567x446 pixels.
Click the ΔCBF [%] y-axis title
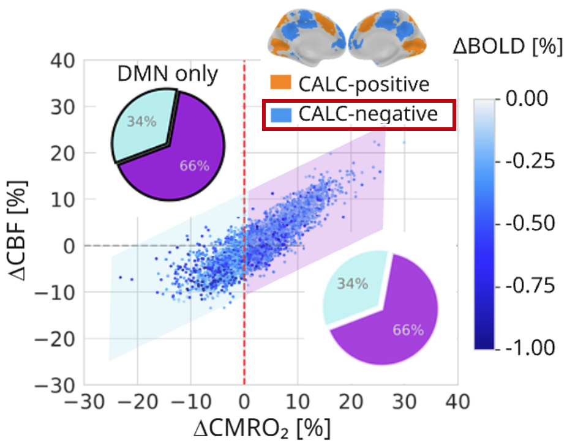pyautogui.click(x=17, y=231)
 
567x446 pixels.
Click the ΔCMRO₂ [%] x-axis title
pyautogui.click(x=262, y=429)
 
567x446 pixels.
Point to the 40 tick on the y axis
pyautogui.click(x=62, y=61)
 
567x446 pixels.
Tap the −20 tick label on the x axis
pyautogui.click(x=137, y=401)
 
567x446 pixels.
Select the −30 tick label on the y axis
pyautogui.click(x=54, y=385)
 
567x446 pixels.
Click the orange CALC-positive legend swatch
pyautogui.click(x=280, y=83)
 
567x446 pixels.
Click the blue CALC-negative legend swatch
pyautogui.click(x=280, y=115)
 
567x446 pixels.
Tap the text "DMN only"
pyautogui.click(x=168, y=75)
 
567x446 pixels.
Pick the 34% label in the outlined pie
pyautogui.click(x=142, y=121)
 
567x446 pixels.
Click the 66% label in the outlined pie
pyautogui.click(x=195, y=166)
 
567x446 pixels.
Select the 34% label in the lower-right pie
pyautogui.click(x=353, y=284)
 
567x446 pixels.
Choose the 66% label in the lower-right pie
pyautogui.click(x=408, y=330)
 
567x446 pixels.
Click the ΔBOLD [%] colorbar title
pyautogui.click(x=508, y=46)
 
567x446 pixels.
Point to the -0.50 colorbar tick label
pyautogui.click(x=530, y=223)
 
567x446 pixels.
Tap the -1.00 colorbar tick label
pyautogui.click(x=530, y=348)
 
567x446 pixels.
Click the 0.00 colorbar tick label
pyautogui.click(x=527, y=98)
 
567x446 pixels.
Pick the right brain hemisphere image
pyautogui.click(x=388, y=37)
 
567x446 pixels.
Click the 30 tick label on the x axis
pyautogui.click(x=404, y=401)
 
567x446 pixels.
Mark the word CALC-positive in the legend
pyautogui.click(x=364, y=84)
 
